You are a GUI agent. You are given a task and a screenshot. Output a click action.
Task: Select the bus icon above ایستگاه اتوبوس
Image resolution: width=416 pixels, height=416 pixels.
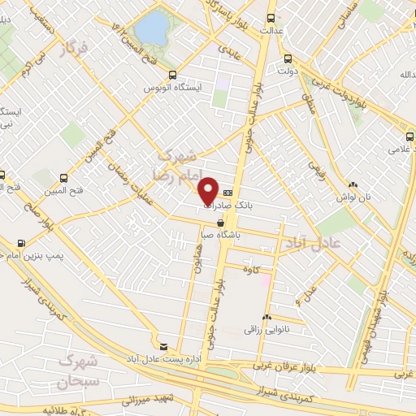point(171,72)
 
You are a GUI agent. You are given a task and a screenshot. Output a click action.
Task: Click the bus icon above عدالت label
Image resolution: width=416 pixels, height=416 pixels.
point(271,18)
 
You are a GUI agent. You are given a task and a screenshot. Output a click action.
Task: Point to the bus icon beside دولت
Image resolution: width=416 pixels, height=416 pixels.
point(288,58)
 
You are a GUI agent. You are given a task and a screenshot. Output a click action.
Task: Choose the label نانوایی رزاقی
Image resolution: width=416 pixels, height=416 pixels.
point(264,330)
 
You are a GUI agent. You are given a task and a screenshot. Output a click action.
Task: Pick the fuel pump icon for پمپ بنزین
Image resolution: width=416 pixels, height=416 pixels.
point(20,242)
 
